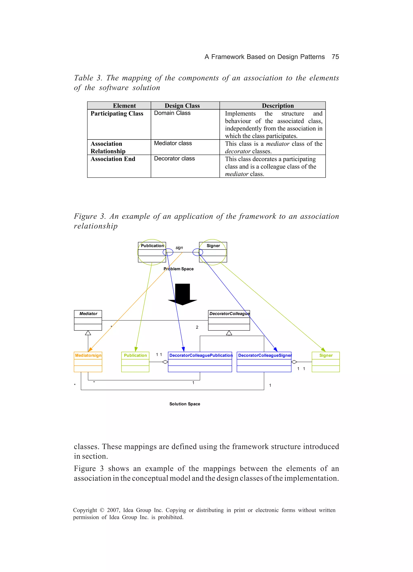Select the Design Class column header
[182, 106]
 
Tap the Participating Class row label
[117, 114]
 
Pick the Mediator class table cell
[173, 143]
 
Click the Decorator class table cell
[174, 159]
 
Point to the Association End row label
[113, 159]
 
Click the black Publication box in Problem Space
[152, 252]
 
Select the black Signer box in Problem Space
[213, 252]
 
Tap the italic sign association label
[179, 248]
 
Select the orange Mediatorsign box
[88, 362]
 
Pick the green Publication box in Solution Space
[135, 362]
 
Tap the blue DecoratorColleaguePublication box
[200, 362]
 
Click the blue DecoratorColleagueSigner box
[264, 362]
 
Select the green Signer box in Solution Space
[325, 362]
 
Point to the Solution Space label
[185, 404]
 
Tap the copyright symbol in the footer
[102, 510]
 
